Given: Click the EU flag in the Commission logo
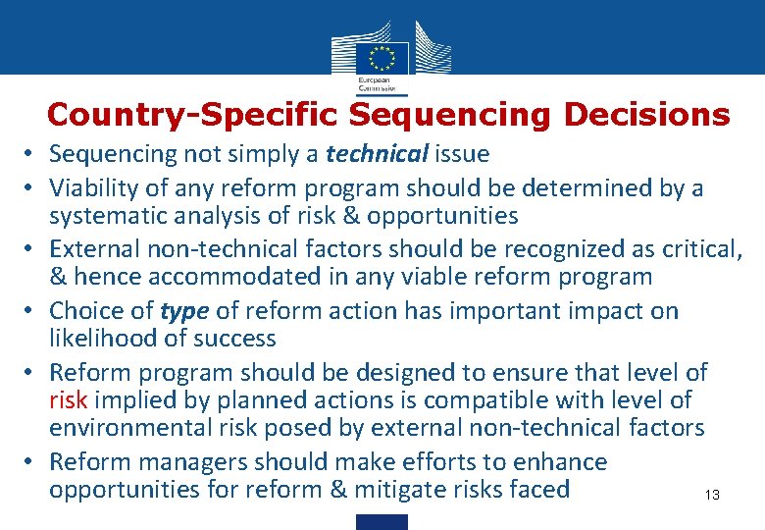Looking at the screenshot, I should (382, 55).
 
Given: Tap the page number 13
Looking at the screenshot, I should (712, 496).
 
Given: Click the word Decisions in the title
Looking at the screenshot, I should (647, 115).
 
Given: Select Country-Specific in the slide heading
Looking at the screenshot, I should (192, 115).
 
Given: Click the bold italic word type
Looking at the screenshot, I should (184, 311).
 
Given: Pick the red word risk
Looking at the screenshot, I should (69, 400).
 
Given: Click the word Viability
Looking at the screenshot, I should (93, 187).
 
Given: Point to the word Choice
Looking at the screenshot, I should (88, 311).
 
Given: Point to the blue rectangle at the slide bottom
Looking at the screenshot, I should (382, 521).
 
